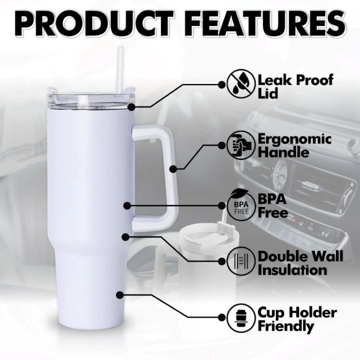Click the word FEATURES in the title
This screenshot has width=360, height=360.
(x=267, y=23)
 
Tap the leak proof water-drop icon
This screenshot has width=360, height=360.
(x=241, y=83)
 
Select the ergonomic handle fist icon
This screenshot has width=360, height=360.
(x=241, y=145)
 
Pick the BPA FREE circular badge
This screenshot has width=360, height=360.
(x=241, y=205)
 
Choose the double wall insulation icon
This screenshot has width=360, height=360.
(x=241, y=261)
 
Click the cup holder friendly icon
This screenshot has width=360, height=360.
(x=241, y=318)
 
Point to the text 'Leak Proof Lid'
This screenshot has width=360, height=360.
(x=295, y=87)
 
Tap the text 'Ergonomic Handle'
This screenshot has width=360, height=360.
(x=294, y=145)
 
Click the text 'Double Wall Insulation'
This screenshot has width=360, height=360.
(x=300, y=263)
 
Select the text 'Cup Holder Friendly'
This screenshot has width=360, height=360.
(x=297, y=319)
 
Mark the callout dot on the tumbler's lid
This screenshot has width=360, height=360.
(x=131, y=107)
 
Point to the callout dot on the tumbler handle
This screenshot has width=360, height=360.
(x=173, y=169)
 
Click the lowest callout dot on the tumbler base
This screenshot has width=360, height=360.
(x=119, y=295)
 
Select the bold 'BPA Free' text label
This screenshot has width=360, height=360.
(x=272, y=206)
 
